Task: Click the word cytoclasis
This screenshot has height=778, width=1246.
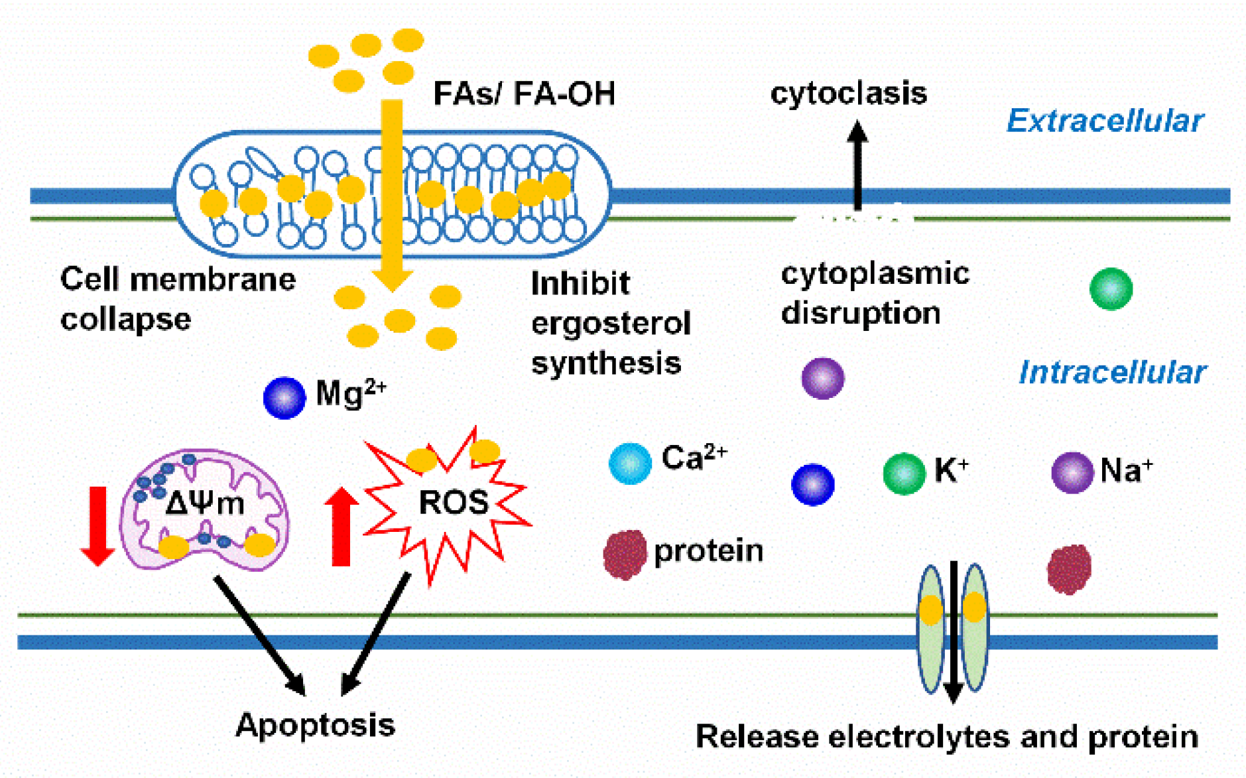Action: click(848, 93)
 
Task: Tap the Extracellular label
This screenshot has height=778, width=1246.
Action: click(1105, 121)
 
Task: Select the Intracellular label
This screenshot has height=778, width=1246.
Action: click(1112, 372)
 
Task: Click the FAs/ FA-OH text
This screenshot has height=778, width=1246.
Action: click(524, 94)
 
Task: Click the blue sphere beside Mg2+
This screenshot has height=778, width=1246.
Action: click(284, 397)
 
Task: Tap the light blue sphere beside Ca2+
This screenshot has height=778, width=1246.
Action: click(629, 463)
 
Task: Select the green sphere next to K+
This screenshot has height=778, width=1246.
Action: click(904, 474)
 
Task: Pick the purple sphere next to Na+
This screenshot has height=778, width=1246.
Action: click(1072, 472)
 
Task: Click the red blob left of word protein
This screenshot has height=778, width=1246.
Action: click(625, 554)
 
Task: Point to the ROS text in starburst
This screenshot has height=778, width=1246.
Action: click(454, 502)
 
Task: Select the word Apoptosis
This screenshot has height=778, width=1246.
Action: click(315, 724)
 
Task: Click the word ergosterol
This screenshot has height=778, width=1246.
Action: click(611, 324)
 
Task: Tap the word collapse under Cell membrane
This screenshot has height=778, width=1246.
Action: click(125, 320)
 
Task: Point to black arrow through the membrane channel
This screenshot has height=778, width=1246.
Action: click(953, 630)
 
